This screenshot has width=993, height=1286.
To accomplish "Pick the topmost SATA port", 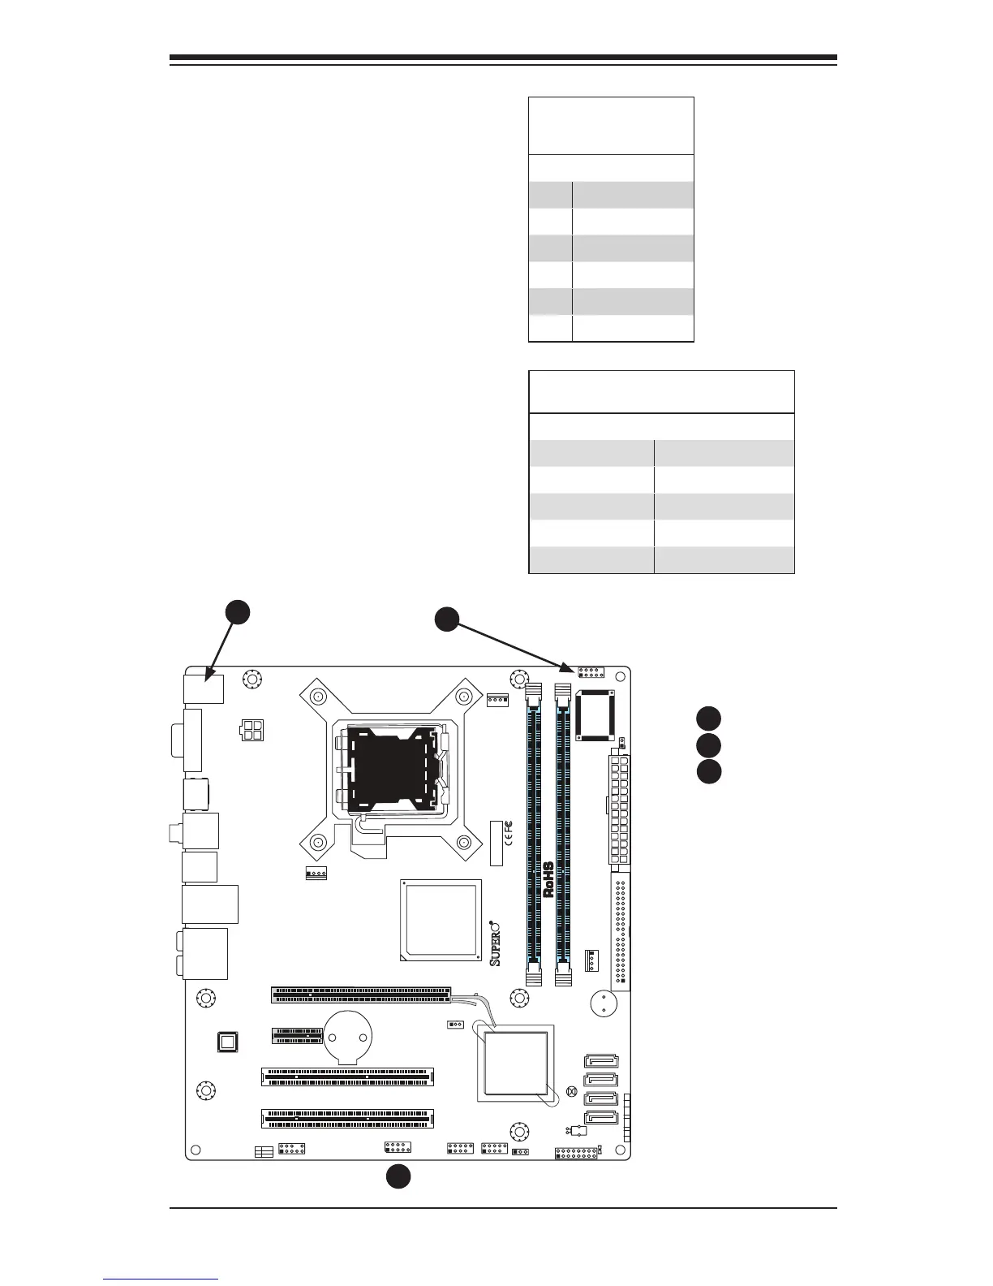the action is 600,1062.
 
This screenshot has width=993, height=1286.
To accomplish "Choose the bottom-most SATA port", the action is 600,1119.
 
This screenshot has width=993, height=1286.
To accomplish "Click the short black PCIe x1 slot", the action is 297,1035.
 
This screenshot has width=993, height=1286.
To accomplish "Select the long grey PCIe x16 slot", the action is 361,994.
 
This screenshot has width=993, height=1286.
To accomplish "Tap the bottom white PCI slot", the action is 347,1119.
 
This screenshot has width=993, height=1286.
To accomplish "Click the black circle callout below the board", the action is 398,1176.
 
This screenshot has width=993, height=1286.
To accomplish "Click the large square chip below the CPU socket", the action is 441,920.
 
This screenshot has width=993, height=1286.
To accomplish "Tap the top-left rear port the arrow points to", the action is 204,688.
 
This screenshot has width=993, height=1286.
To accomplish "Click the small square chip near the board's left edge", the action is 228,1042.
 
